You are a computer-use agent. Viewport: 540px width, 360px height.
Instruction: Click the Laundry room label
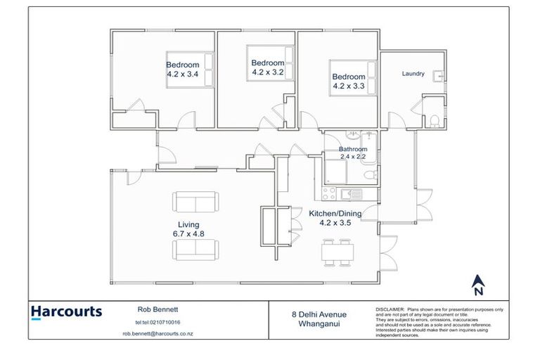click(413, 73)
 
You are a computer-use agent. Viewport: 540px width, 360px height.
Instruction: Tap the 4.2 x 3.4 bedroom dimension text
click(182, 73)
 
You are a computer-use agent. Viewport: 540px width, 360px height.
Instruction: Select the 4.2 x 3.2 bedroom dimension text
click(268, 71)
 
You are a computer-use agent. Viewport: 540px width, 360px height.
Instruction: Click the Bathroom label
click(352, 149)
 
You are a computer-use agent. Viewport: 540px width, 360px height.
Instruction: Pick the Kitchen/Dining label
click(335, 213)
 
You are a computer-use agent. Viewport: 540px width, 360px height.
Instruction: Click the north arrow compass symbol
click(477, 285)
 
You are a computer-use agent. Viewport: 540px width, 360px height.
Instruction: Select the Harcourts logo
click(67, 311)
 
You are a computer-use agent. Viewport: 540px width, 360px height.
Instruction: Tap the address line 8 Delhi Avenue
click(321, 314)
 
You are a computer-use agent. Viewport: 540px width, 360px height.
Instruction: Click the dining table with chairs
click(336, 253)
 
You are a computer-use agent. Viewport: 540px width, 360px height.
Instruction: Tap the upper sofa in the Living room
click(195, 203)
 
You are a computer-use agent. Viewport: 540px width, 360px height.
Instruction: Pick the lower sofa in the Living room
click(195, 249)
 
